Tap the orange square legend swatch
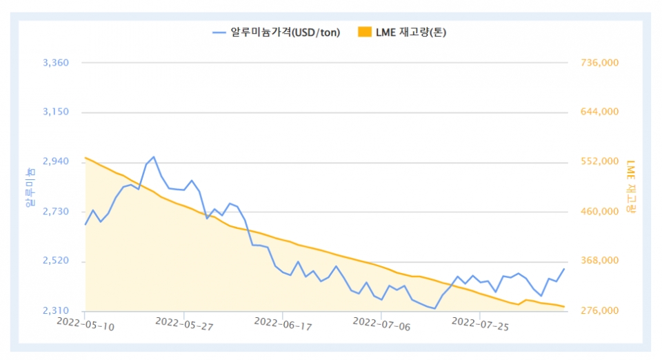tap(365, 32)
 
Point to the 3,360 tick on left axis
tap(56, 63)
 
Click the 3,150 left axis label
tap(56, 112)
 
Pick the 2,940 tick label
tap(56, 161)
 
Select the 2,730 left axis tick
tap(56, 211)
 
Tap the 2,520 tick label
tap(56, 261)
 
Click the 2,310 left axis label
tap(56, 311)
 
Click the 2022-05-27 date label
tap(183, 324)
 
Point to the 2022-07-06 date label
tap(381, 324)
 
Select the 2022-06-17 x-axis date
tap(282, 324)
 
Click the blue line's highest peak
tap(153, 157)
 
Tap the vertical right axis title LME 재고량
tap(631, 186)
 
